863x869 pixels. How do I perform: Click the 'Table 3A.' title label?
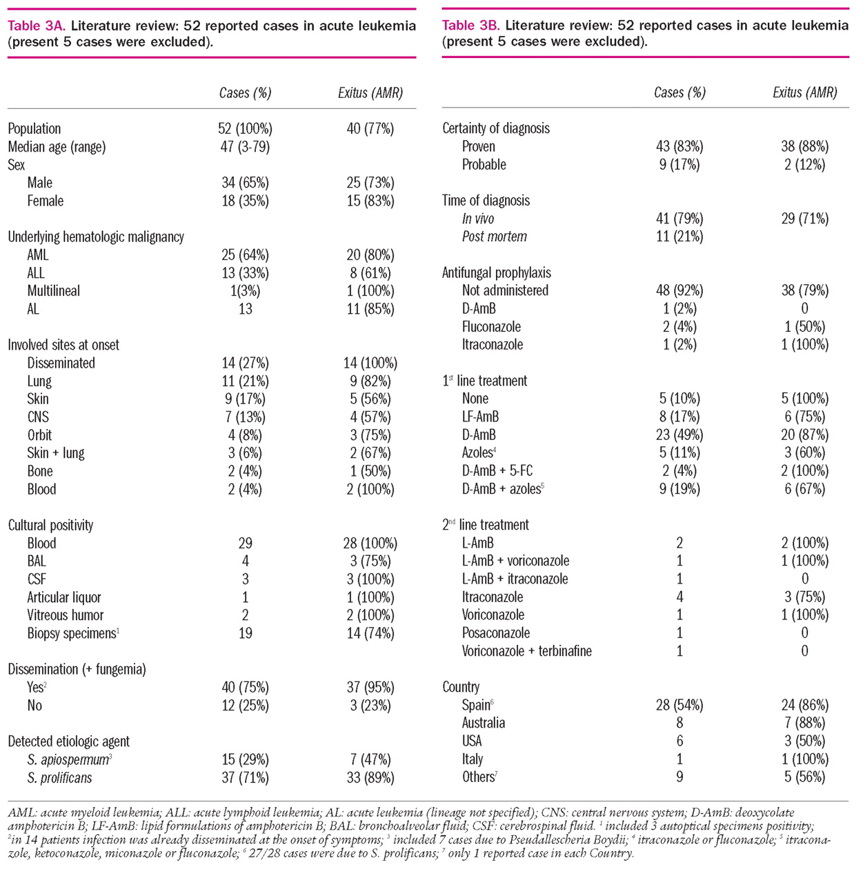coord(37,26)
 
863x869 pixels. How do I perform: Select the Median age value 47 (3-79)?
coord(245,147)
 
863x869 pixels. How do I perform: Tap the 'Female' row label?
coord(46,201)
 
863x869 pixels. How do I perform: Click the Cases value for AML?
coord(245,255)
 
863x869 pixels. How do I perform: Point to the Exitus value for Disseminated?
coord(370,363)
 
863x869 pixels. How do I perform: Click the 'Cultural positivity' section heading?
coord(50,526)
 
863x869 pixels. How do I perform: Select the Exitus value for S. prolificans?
coord(370,778)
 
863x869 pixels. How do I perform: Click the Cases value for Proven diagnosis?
coord(680,147)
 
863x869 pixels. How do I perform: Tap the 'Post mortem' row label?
coord(495,237)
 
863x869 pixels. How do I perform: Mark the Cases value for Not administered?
coord(680,291)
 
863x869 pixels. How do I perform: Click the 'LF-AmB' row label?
coord(480,417)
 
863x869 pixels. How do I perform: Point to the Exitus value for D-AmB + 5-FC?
coord(805,471)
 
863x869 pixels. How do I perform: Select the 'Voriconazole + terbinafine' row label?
coord(527,651)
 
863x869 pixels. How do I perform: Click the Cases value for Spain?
coord(680,706)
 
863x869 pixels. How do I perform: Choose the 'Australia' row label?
coord(484,723)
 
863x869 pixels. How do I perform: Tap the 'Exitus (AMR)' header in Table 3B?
coord(805,93)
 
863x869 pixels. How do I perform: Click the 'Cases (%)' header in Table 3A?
coord(245,93)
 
